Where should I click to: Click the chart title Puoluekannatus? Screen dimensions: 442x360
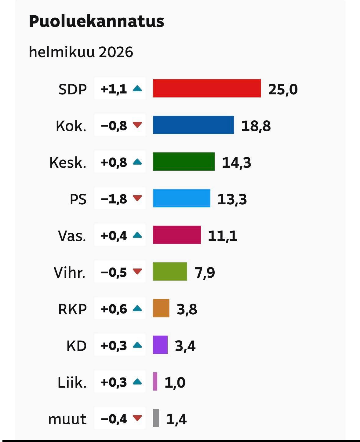coord(96,21)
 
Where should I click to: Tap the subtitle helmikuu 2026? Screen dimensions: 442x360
coord(81,52)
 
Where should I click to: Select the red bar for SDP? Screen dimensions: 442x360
coord(207,88)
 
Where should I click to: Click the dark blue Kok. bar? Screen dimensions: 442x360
coord(193,125)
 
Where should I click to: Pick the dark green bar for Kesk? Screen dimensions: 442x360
coord(184,162)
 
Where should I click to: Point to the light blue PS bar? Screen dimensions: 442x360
coord(181,198)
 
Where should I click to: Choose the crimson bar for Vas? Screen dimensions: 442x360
coord(177,235)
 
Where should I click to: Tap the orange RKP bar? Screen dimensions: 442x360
coord(161,308)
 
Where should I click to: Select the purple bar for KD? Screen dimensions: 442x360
coord(160,345)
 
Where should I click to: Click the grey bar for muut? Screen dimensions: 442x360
coord(156,418)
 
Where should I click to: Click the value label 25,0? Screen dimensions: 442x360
coord(283,89)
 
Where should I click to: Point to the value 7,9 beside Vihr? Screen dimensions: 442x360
coord(205,272)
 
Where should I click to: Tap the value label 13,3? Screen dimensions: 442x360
coord(232,199)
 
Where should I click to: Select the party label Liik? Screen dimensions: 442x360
coord(72,382)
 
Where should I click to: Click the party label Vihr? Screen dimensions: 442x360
coord(70,272)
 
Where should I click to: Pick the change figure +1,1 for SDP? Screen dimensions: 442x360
coord(114,89)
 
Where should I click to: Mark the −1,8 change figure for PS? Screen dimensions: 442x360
coord(114,199)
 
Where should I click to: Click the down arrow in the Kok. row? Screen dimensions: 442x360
coord(138,125)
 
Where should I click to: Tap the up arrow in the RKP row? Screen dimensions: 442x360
coord(138,309)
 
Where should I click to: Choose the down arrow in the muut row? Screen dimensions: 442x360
coord(138,418)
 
